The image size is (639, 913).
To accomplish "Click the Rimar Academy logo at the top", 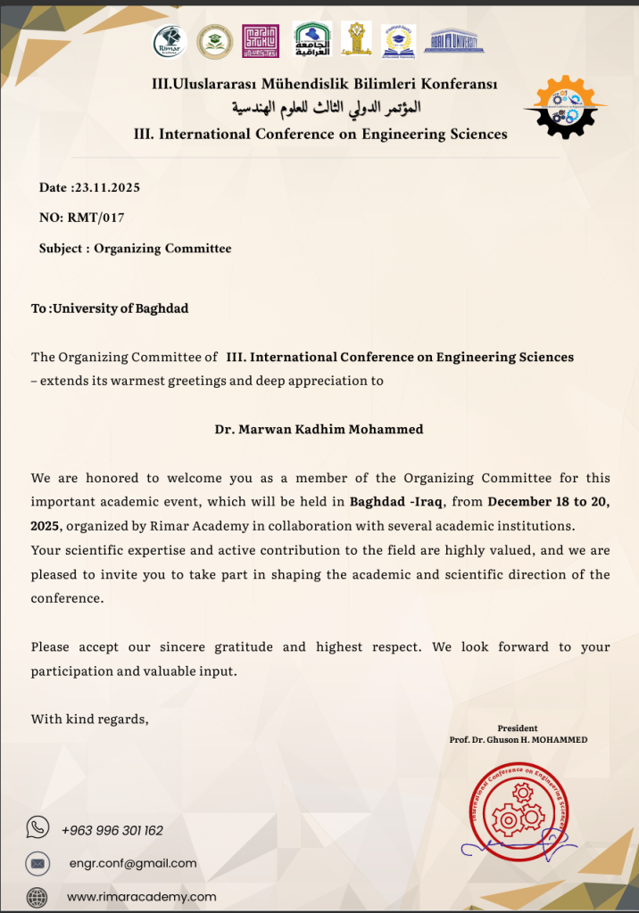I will click(x=170, y=41).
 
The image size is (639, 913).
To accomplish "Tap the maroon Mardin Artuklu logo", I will click(x=261, y=41).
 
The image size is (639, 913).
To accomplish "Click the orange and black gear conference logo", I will click(x=565, y=107).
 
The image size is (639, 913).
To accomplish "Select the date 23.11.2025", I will click(x=105, y=187).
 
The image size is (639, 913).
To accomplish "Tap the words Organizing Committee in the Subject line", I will click(x=162, y=249).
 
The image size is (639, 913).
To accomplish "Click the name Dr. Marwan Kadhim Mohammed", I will click(x=319, y=429).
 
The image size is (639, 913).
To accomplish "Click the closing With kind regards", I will click(x=90, y=719).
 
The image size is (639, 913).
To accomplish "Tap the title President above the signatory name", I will click(x=518, y=728).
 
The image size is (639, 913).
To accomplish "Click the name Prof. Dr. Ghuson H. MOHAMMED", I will click(x=519, y=740).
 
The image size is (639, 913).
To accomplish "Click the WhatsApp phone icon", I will click(x=37, y=828).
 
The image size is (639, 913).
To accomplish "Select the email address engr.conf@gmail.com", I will click(x=133, y=863).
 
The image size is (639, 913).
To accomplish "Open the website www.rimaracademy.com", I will click(x=141, y=897).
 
